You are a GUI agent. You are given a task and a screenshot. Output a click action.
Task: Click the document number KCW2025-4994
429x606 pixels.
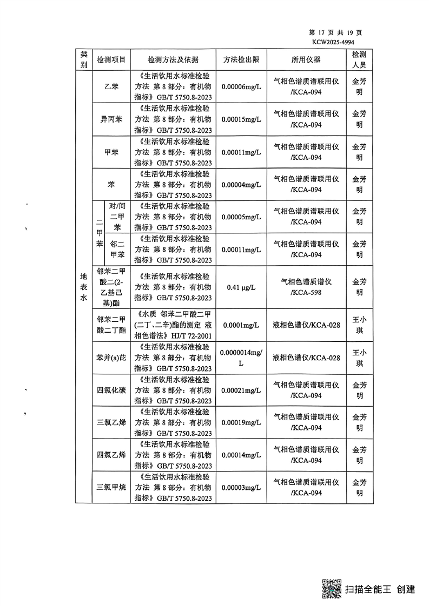[x=333, y=41]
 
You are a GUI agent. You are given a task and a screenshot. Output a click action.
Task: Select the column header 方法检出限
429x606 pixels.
[x=241, y=60]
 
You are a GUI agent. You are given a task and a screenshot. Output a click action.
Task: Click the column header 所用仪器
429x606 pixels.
[x=306, y=60]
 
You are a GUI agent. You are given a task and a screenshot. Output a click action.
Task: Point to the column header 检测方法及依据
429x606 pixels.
[x=173, y=60]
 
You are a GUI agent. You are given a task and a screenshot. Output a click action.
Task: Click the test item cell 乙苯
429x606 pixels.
[x=111, y=87]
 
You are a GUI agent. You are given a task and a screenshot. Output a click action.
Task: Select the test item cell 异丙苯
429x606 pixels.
[x=111, y=119]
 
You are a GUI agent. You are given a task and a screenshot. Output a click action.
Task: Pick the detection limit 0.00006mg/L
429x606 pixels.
[x=241, y=87]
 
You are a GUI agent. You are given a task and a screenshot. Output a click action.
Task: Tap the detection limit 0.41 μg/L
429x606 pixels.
[x=241, y=287]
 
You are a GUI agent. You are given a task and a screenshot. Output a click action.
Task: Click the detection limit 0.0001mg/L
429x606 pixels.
[x=241, y=325]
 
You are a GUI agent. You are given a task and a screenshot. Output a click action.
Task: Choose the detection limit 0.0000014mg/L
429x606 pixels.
[x=241, y=358]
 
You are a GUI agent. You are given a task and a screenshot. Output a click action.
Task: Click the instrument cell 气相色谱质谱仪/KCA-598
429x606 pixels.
[x=306, y=287]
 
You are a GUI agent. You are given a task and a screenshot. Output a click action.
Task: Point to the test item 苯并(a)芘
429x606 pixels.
[x=111, y=358]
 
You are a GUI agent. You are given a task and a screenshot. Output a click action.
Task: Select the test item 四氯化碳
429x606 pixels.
[x=111, y=390]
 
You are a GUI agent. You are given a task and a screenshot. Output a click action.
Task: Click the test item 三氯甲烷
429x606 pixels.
[x=111, y=487]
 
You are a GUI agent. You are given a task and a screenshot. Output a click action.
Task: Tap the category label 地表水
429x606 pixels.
[x=83, y=287]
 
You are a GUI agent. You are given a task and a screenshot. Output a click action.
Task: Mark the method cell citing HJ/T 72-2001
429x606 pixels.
[x=173, y=325]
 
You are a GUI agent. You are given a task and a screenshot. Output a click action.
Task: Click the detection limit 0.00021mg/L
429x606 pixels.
[x=241, y=390]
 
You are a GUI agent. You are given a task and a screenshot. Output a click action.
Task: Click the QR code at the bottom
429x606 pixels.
[x=332, y=588]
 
